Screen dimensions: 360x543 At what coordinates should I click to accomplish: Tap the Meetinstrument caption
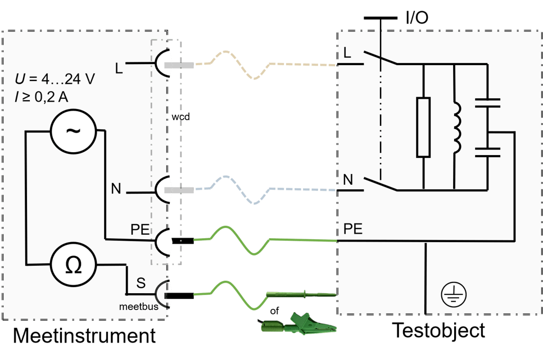84,335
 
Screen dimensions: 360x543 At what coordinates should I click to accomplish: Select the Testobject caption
438,330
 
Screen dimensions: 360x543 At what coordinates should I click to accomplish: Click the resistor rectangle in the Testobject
423,127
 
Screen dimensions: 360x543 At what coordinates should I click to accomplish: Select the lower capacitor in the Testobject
487,150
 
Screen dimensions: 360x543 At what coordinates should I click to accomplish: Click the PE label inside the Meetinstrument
140,230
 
